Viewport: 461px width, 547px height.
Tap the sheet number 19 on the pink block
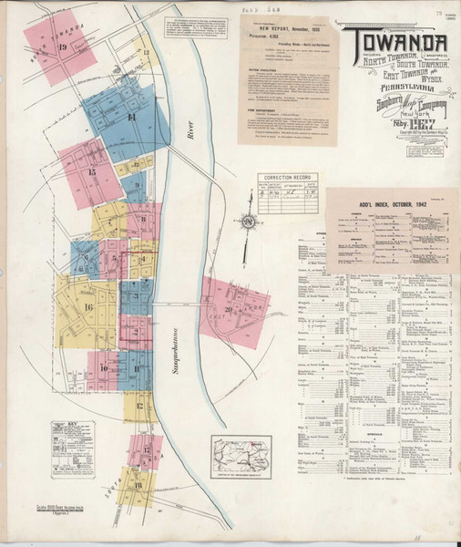tap(62, 47)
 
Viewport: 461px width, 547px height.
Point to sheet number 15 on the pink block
tap(91, 171)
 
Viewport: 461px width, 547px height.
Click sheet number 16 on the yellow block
tap(88, 307)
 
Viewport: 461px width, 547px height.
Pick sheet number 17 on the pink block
tap(146, 450)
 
